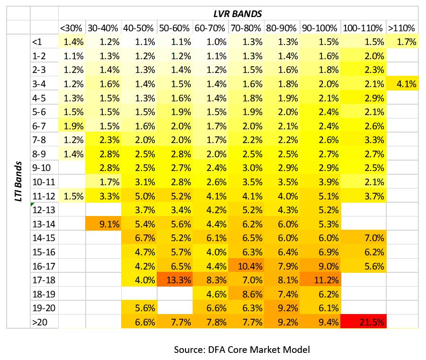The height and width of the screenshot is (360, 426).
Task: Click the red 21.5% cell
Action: pos(363,322)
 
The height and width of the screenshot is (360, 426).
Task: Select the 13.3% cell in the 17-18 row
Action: pos(175,279)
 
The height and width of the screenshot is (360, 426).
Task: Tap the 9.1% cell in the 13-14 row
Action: pos(103,224)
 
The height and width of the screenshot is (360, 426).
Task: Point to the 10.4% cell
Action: pos(246,266)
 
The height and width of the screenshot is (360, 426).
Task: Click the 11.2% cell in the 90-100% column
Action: pos(320,279)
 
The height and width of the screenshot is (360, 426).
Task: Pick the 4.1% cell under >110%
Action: pos(402,83)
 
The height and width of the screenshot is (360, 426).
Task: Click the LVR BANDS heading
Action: pos(238,14)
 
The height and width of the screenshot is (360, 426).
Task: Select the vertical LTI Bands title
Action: pos(18,181)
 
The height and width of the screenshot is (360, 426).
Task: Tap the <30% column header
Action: pos(71,28)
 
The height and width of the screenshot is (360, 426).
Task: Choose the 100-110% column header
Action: pos(363,28)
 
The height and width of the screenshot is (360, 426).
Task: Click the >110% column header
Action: pos(401,28)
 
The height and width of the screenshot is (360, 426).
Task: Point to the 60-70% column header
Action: pos(210,28)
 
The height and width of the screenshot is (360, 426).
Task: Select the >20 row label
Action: pos(40,322)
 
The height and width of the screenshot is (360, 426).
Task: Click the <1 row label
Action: pos(37,42)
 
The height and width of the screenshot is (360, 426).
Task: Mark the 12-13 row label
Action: pos(44,210)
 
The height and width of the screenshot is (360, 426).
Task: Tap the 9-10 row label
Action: pos(42,168)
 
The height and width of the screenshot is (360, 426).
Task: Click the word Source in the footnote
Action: pos(189,350)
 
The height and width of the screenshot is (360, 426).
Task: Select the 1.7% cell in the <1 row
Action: pos(402,41)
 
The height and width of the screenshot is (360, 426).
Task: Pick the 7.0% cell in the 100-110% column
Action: pos(363,238)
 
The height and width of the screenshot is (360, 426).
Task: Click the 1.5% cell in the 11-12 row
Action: pos(72,196)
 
